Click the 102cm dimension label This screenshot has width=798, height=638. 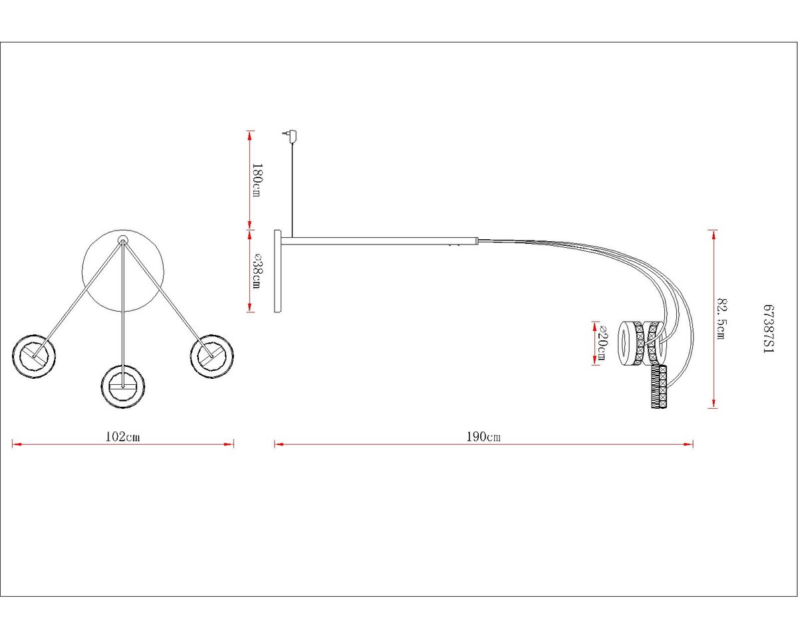pyautogui.click(x=123, y=437)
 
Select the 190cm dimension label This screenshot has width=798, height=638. pyautogui.click(x=483, y=437)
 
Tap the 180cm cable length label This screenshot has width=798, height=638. pyautogui.click(x=257, y=180)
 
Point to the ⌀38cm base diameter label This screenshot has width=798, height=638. pyautogui.click(x=257, y=271)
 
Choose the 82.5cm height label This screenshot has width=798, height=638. pyautogui.click(x=722, y=318)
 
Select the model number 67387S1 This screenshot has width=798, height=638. pyautogui.click(x=769, y=329)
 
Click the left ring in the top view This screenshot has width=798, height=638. pyautogui.click(x=34, y=356)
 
